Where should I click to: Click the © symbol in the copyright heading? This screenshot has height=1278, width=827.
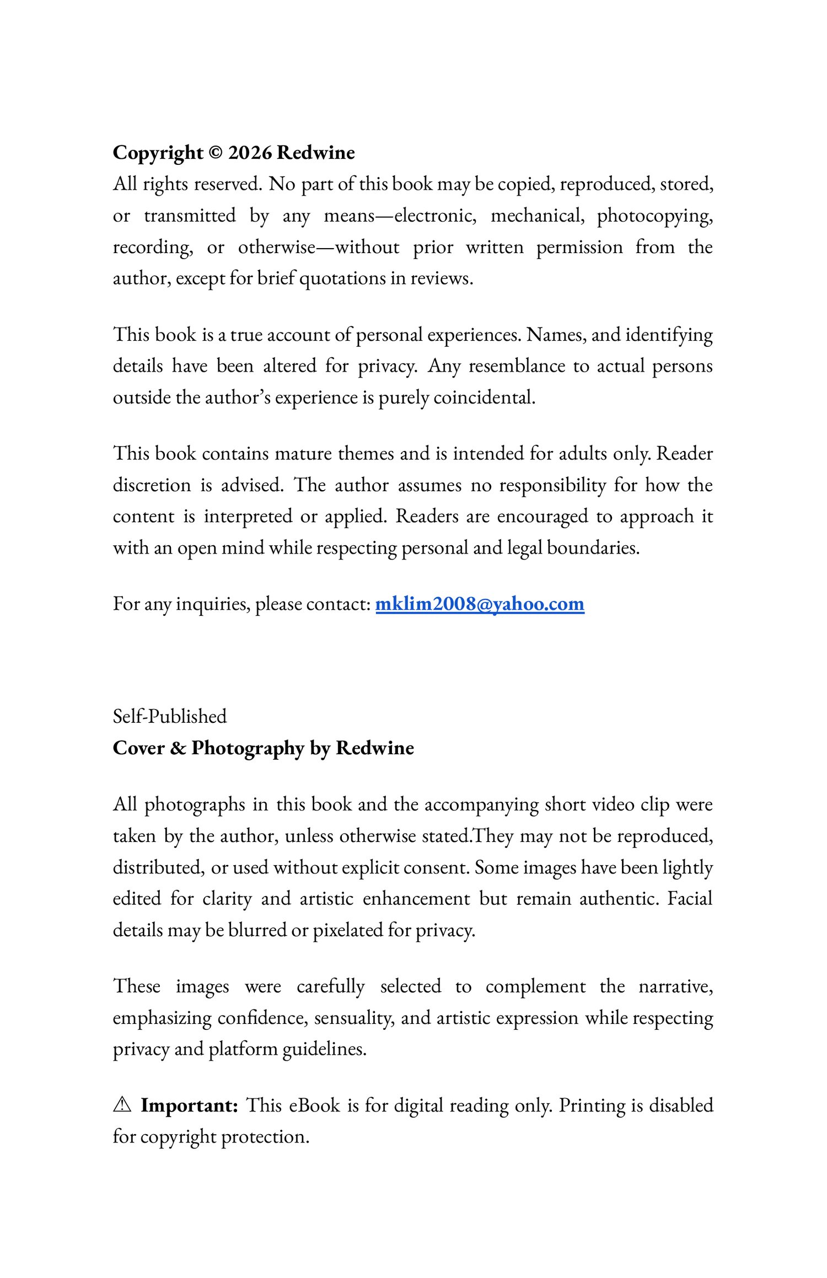point(216,153)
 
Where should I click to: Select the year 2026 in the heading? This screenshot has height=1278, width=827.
point(250,153)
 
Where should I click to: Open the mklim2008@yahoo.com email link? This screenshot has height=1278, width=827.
point(480,604)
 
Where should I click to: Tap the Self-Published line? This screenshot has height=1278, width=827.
point(170,716)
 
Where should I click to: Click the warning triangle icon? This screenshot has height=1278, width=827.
point(122,1105)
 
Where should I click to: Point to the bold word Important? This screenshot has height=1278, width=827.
point(189,1105)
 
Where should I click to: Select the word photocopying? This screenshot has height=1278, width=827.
point(654,216)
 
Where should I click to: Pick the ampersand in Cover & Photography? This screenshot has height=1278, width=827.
point(178,748)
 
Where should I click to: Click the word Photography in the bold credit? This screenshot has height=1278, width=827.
point(248,748)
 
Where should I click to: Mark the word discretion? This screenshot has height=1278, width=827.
point(152,485)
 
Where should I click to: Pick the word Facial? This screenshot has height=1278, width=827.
point(690,899)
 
